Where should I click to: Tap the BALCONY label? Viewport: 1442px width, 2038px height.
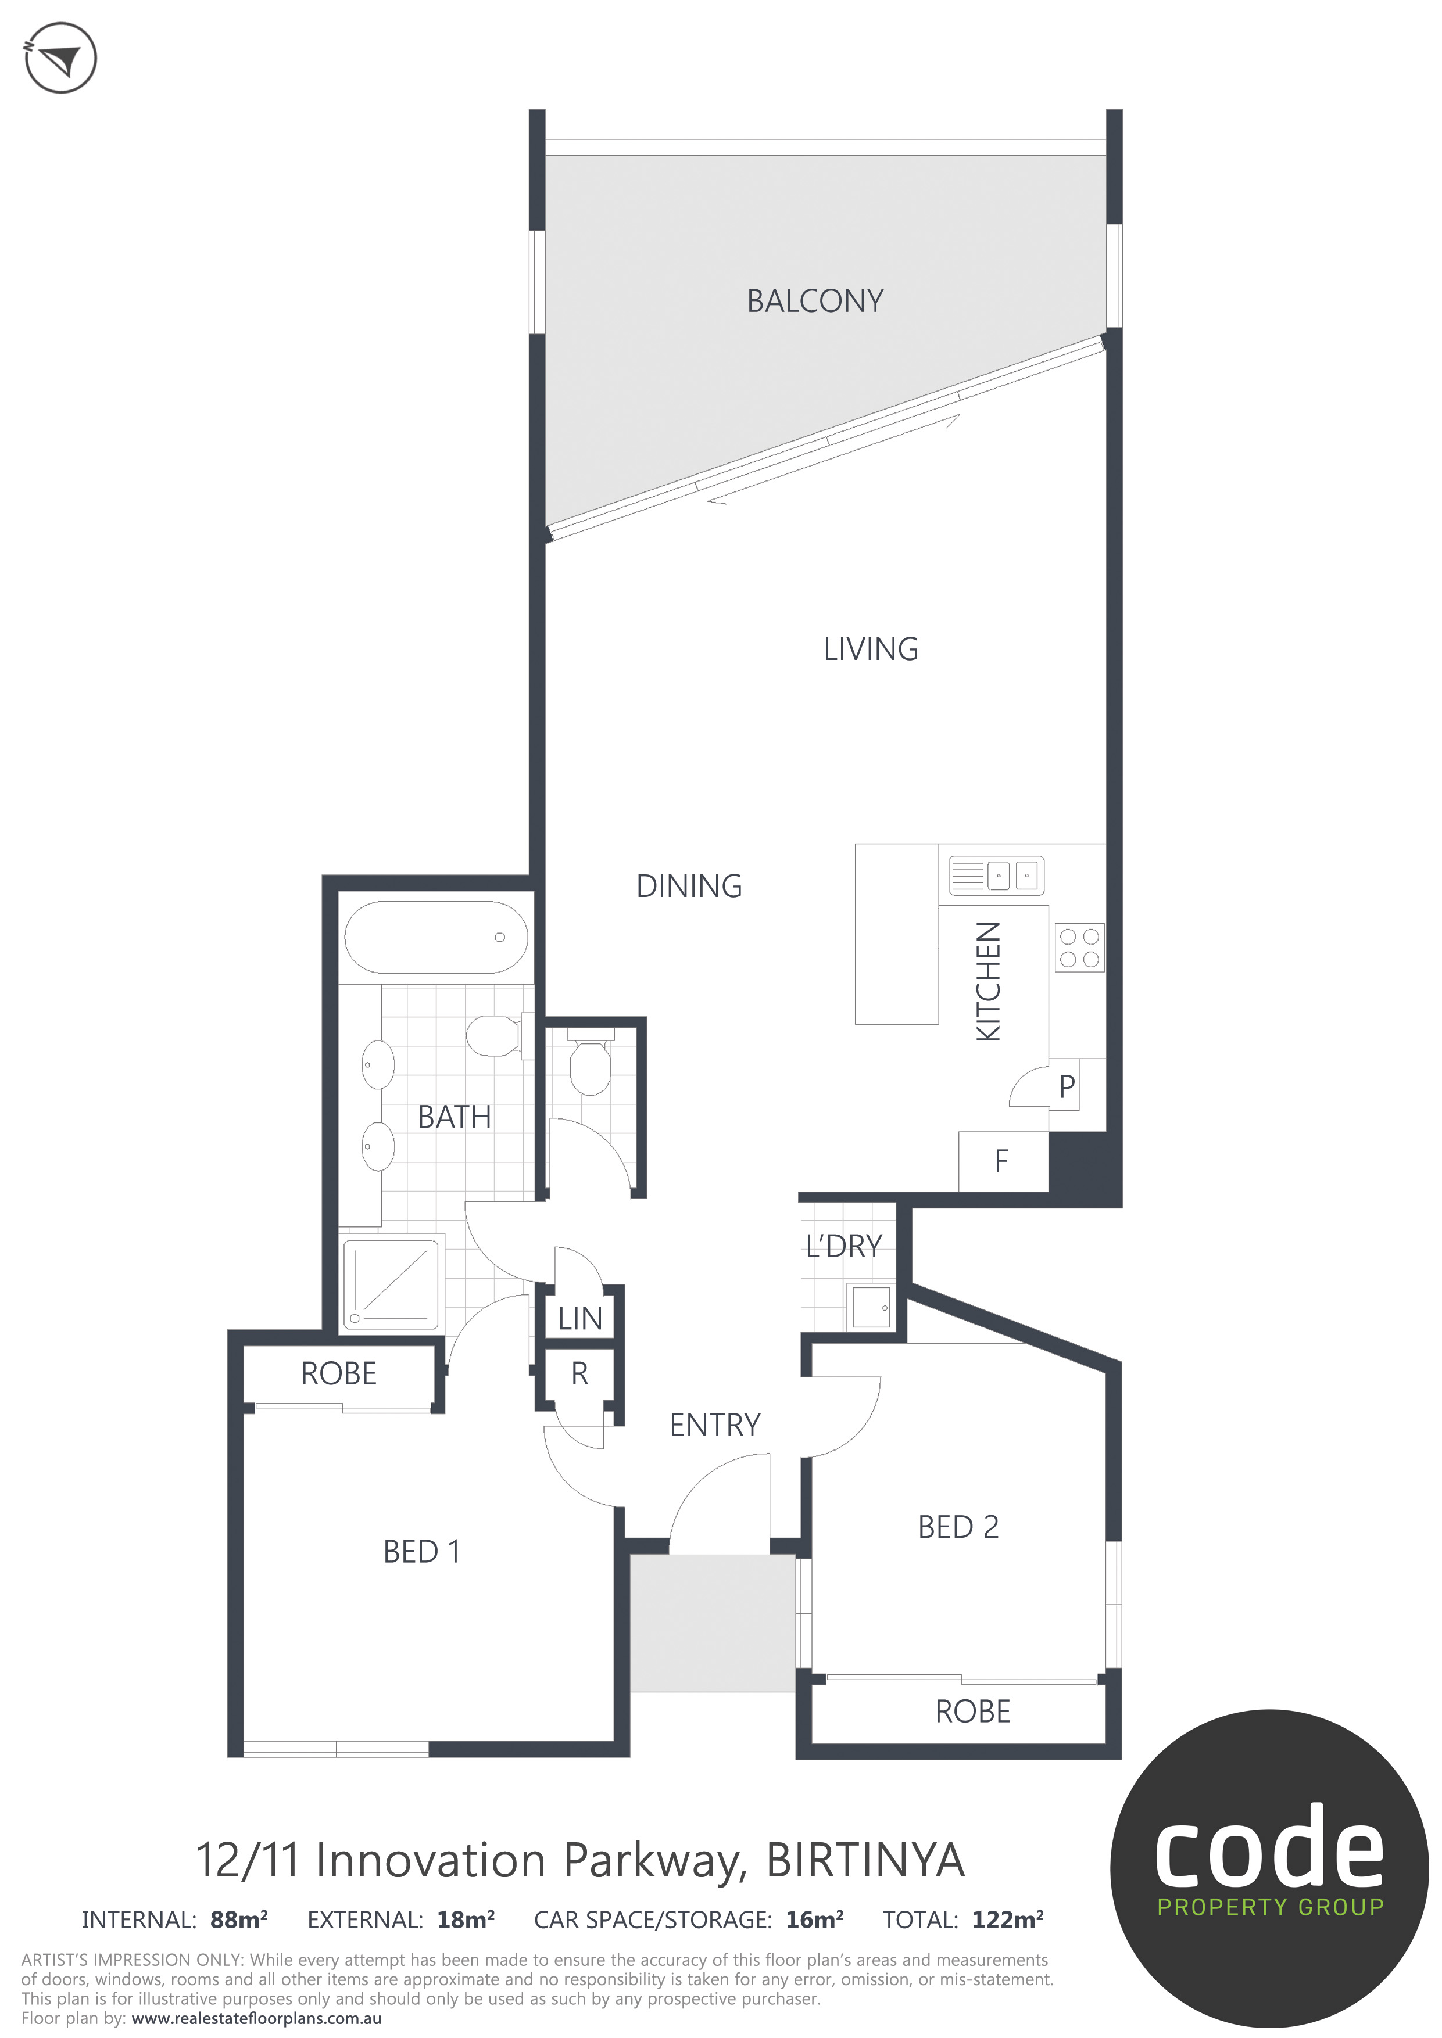815,302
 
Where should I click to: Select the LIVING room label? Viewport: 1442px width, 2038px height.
870,650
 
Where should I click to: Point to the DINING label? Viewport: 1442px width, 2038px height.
689,886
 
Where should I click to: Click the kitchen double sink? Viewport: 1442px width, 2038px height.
996,875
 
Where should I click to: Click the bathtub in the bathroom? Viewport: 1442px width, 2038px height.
436,937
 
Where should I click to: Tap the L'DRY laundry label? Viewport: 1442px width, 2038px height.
843,1246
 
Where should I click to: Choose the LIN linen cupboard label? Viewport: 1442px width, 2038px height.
580,1319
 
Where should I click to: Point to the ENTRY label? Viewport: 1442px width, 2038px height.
715,1426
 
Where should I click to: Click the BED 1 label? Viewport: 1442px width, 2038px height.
422,1552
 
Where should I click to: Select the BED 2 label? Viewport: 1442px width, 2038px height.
958,1527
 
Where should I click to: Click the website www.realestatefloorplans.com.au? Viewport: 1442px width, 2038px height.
257,2018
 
